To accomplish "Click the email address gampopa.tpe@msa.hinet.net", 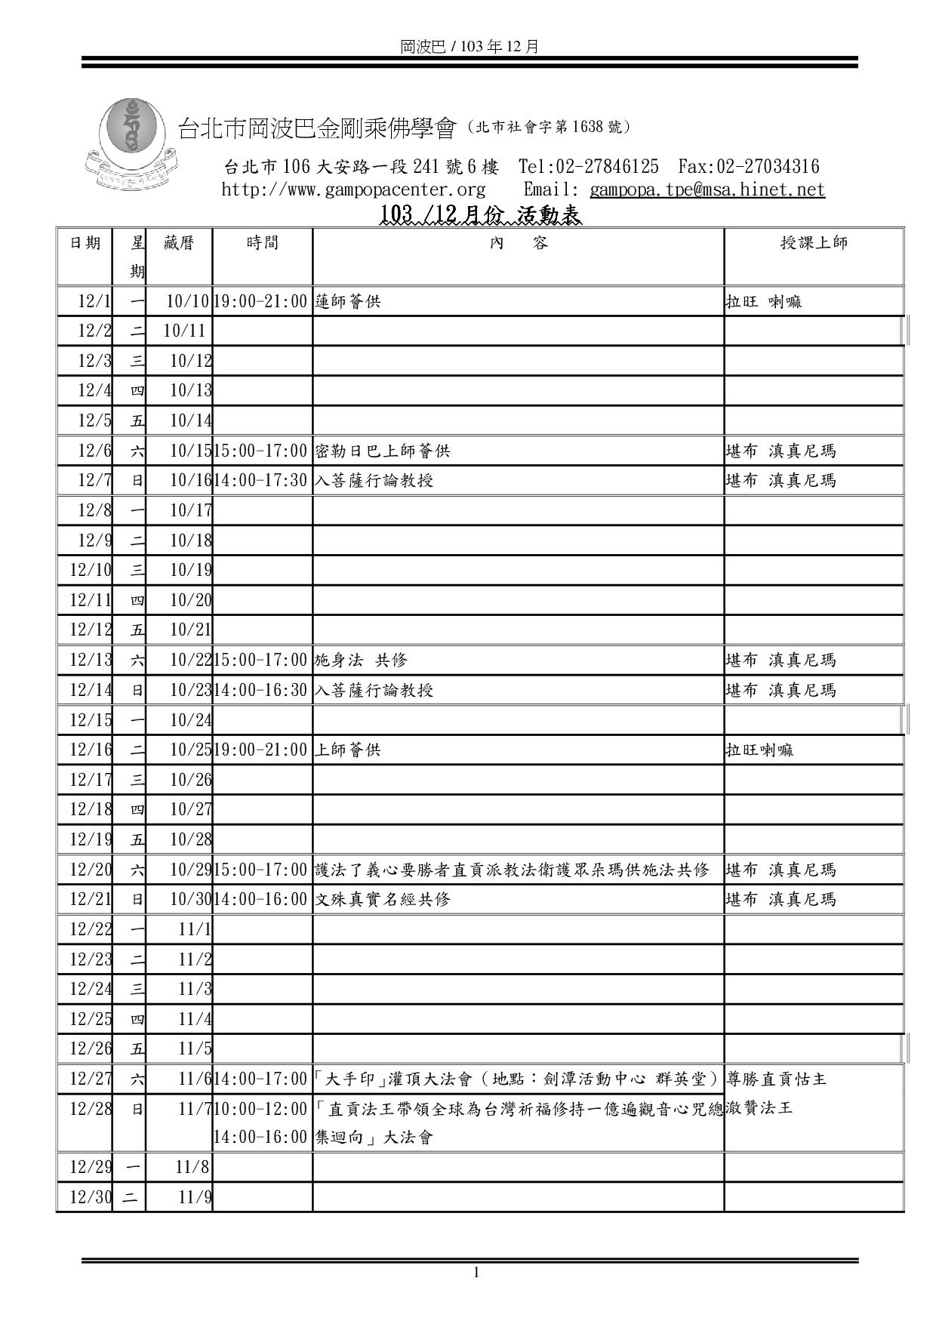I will click(707, 189).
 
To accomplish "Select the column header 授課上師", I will click(814, 243).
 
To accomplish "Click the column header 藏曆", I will click(179, 243).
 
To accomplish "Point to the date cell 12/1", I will click(94, 302).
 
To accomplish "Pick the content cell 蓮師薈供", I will click(348, 302).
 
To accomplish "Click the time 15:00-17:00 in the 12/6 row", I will click(261, 451).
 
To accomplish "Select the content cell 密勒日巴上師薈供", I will click(382, 451).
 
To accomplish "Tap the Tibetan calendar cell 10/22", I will click(190, 660).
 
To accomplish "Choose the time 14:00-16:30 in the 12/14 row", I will click(261, 690).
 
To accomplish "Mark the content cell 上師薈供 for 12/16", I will click(348, 750).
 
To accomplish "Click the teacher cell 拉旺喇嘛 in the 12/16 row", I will click(759, 750).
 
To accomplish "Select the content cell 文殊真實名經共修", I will click(382, 899).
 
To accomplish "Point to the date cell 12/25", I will click(91, 1019).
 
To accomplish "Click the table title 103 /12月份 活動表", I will click(480, 216).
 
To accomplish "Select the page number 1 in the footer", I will click(476, 1273).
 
